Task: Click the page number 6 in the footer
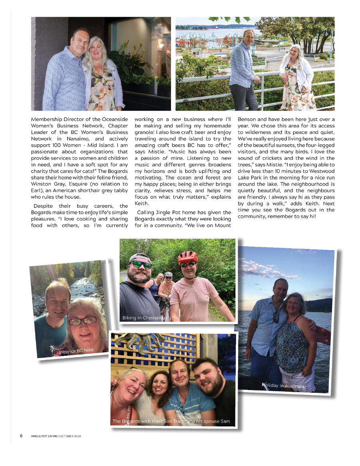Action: (x=21, y=436)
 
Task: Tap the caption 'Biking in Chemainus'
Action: (x=145, y=318)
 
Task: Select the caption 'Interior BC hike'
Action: (x=76, y=351)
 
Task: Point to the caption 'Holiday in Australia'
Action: (x=283, y=386)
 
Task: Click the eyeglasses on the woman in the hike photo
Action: (x=83, y=321)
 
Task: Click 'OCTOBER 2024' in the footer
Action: (x=70, y=436)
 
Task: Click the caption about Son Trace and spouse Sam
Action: (x=171, y=421)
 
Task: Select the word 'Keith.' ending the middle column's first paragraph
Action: (x=141, y=203)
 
